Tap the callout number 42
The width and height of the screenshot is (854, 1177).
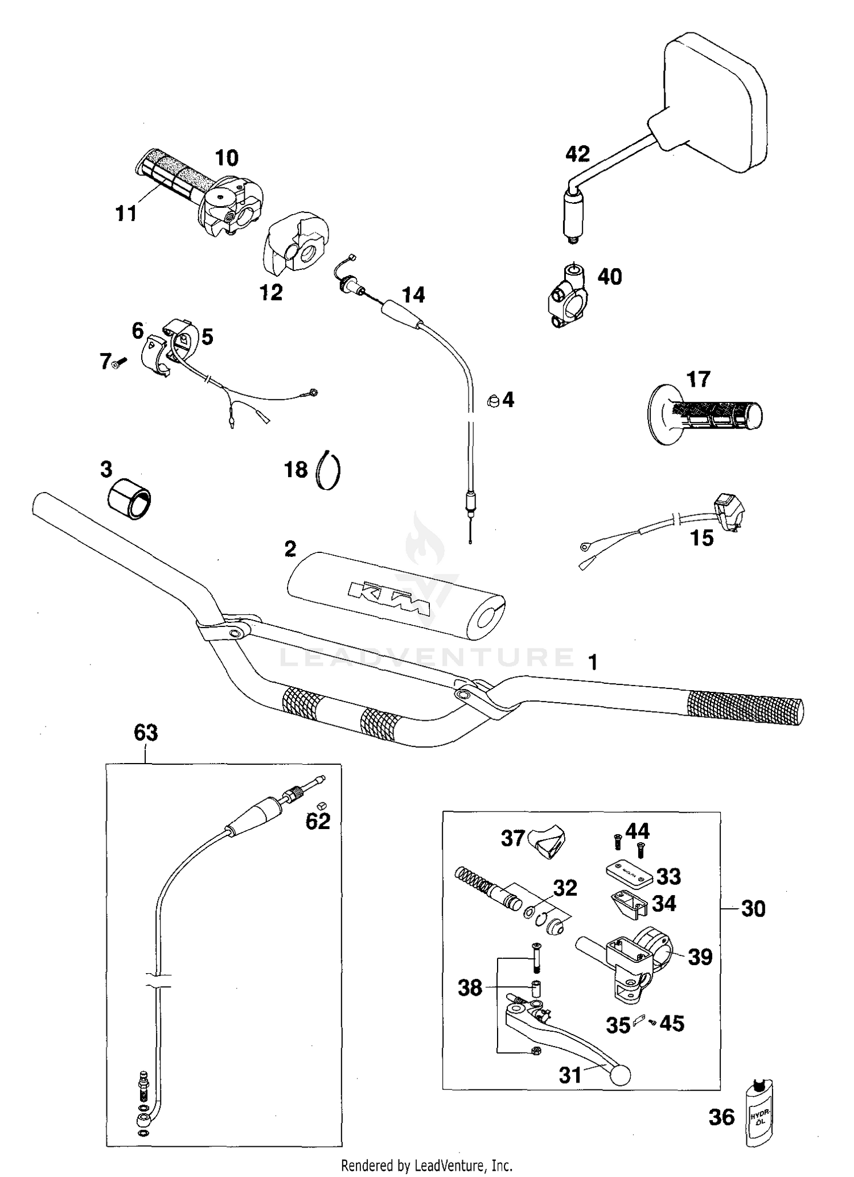577,154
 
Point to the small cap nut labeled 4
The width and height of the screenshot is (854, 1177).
493,401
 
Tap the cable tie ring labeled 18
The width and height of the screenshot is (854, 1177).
329,470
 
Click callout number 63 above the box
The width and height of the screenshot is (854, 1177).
146,732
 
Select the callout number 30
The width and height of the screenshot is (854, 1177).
753,909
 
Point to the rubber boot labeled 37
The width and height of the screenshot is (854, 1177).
547,842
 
